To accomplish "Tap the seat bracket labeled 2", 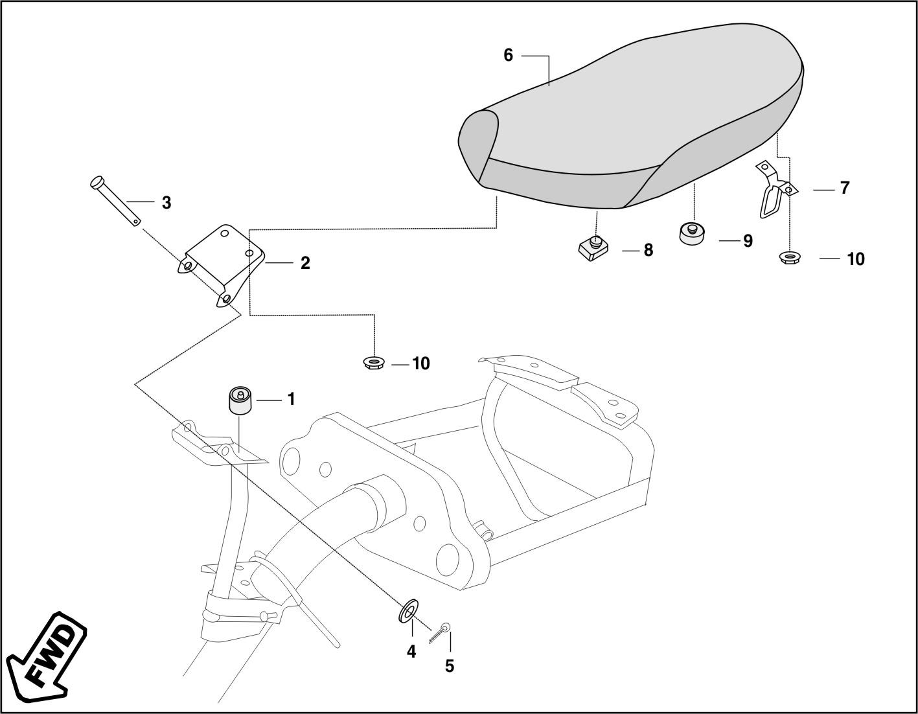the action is click(221, 266).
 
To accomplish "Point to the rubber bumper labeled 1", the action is click(240, 399).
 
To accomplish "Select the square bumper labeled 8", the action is click(592, 248).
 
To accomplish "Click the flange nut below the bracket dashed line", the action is click(373, 363).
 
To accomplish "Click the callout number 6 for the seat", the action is click(508, 55).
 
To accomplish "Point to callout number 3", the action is click(166, 203).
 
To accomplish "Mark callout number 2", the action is click(305, 263).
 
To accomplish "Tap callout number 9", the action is click(748, 241).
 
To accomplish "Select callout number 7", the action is click(845, 188).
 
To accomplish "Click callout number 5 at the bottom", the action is click(450, 666).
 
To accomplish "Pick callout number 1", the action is click(291, 399).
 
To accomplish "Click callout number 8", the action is click(648, 250).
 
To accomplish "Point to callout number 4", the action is click(411, 652).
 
